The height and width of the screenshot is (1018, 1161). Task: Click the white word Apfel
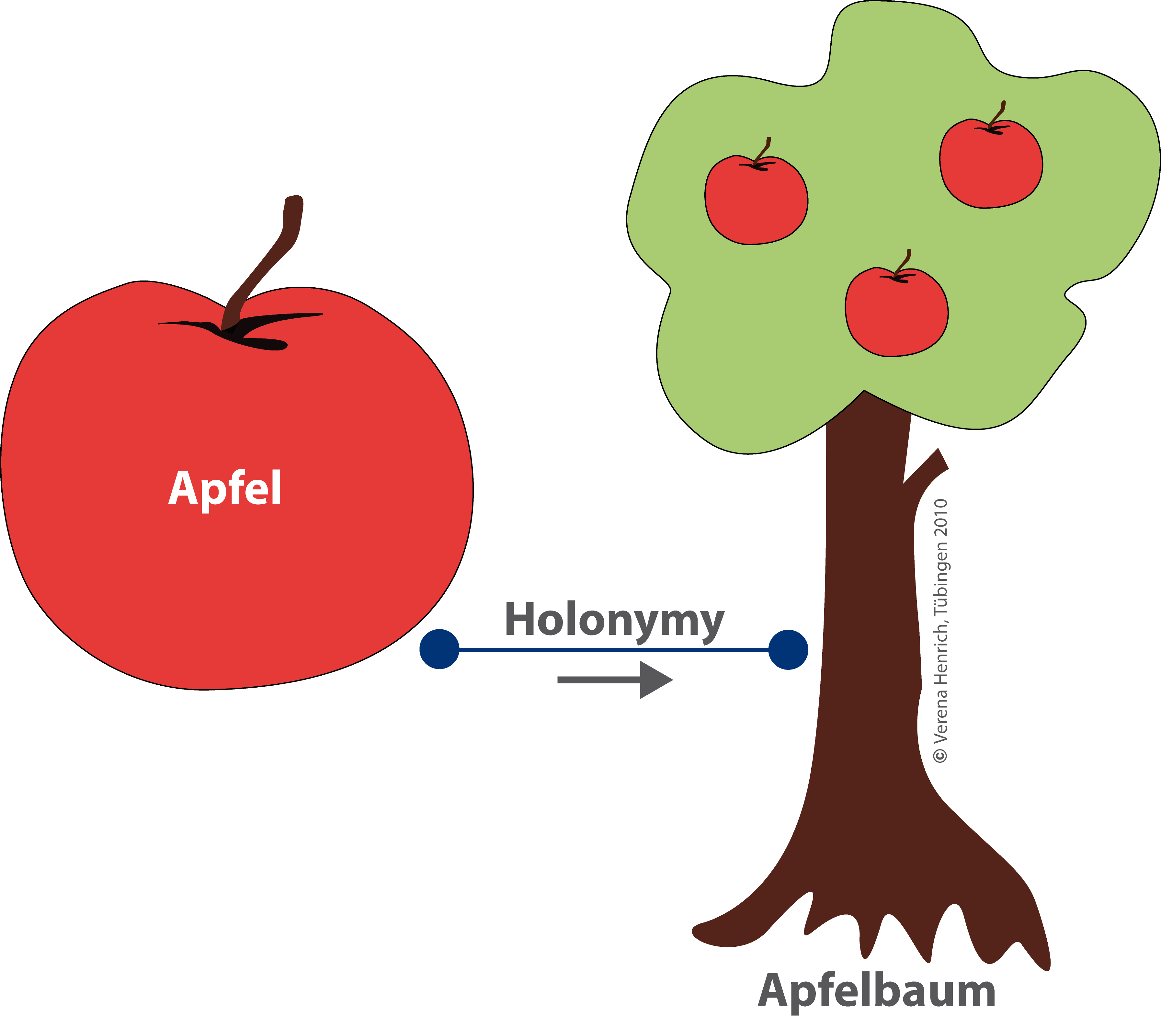(225, 488)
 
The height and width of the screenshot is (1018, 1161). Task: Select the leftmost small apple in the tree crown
(756, 202)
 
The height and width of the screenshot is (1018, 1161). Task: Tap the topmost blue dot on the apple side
(439, 649)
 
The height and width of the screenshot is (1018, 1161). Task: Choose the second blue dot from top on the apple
(439, 731)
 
